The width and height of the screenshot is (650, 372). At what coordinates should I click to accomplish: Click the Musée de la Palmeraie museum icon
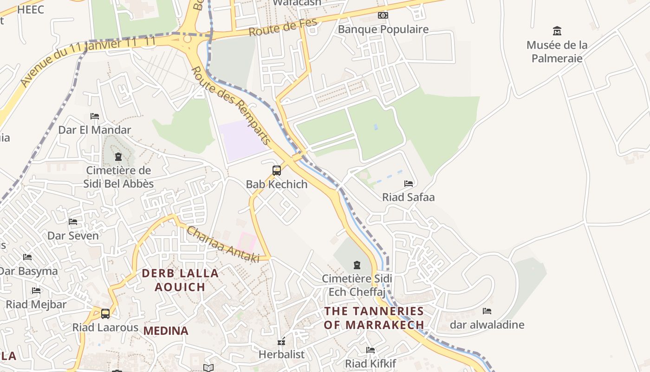(x=557, y=31)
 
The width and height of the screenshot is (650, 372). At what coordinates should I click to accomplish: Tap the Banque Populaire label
(x=383, y=29)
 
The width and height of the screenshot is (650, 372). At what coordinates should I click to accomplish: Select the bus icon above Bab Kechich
(x=277, y=171)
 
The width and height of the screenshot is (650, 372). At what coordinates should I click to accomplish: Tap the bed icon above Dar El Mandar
(x=95, y=116)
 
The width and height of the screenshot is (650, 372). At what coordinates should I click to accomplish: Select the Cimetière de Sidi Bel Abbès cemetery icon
(x=118, y=157)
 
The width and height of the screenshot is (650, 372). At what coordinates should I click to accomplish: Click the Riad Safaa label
(x=408, y=197)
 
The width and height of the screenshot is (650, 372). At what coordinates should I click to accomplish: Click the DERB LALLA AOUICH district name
(x=180, y=280)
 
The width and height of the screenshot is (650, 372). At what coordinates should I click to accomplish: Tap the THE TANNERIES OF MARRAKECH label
(x=374, y=318)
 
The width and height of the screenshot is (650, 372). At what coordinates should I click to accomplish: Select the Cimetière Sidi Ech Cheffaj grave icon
(x=357, y=265)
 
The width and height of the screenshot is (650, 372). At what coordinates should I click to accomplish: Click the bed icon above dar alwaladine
(x=487, y=311)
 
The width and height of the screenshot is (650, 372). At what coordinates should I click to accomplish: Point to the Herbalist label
(x=281, y=354)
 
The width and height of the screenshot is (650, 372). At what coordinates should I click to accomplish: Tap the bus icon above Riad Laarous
(x=105, y=314)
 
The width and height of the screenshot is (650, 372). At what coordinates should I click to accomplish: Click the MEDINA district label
(x=166, y=331)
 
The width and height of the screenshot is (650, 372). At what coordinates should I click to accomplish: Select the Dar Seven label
(x=73, y=236)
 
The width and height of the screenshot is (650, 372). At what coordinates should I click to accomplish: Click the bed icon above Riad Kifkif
(x=370, y=350)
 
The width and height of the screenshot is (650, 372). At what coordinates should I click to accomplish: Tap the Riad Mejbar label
(x=36, y=305)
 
